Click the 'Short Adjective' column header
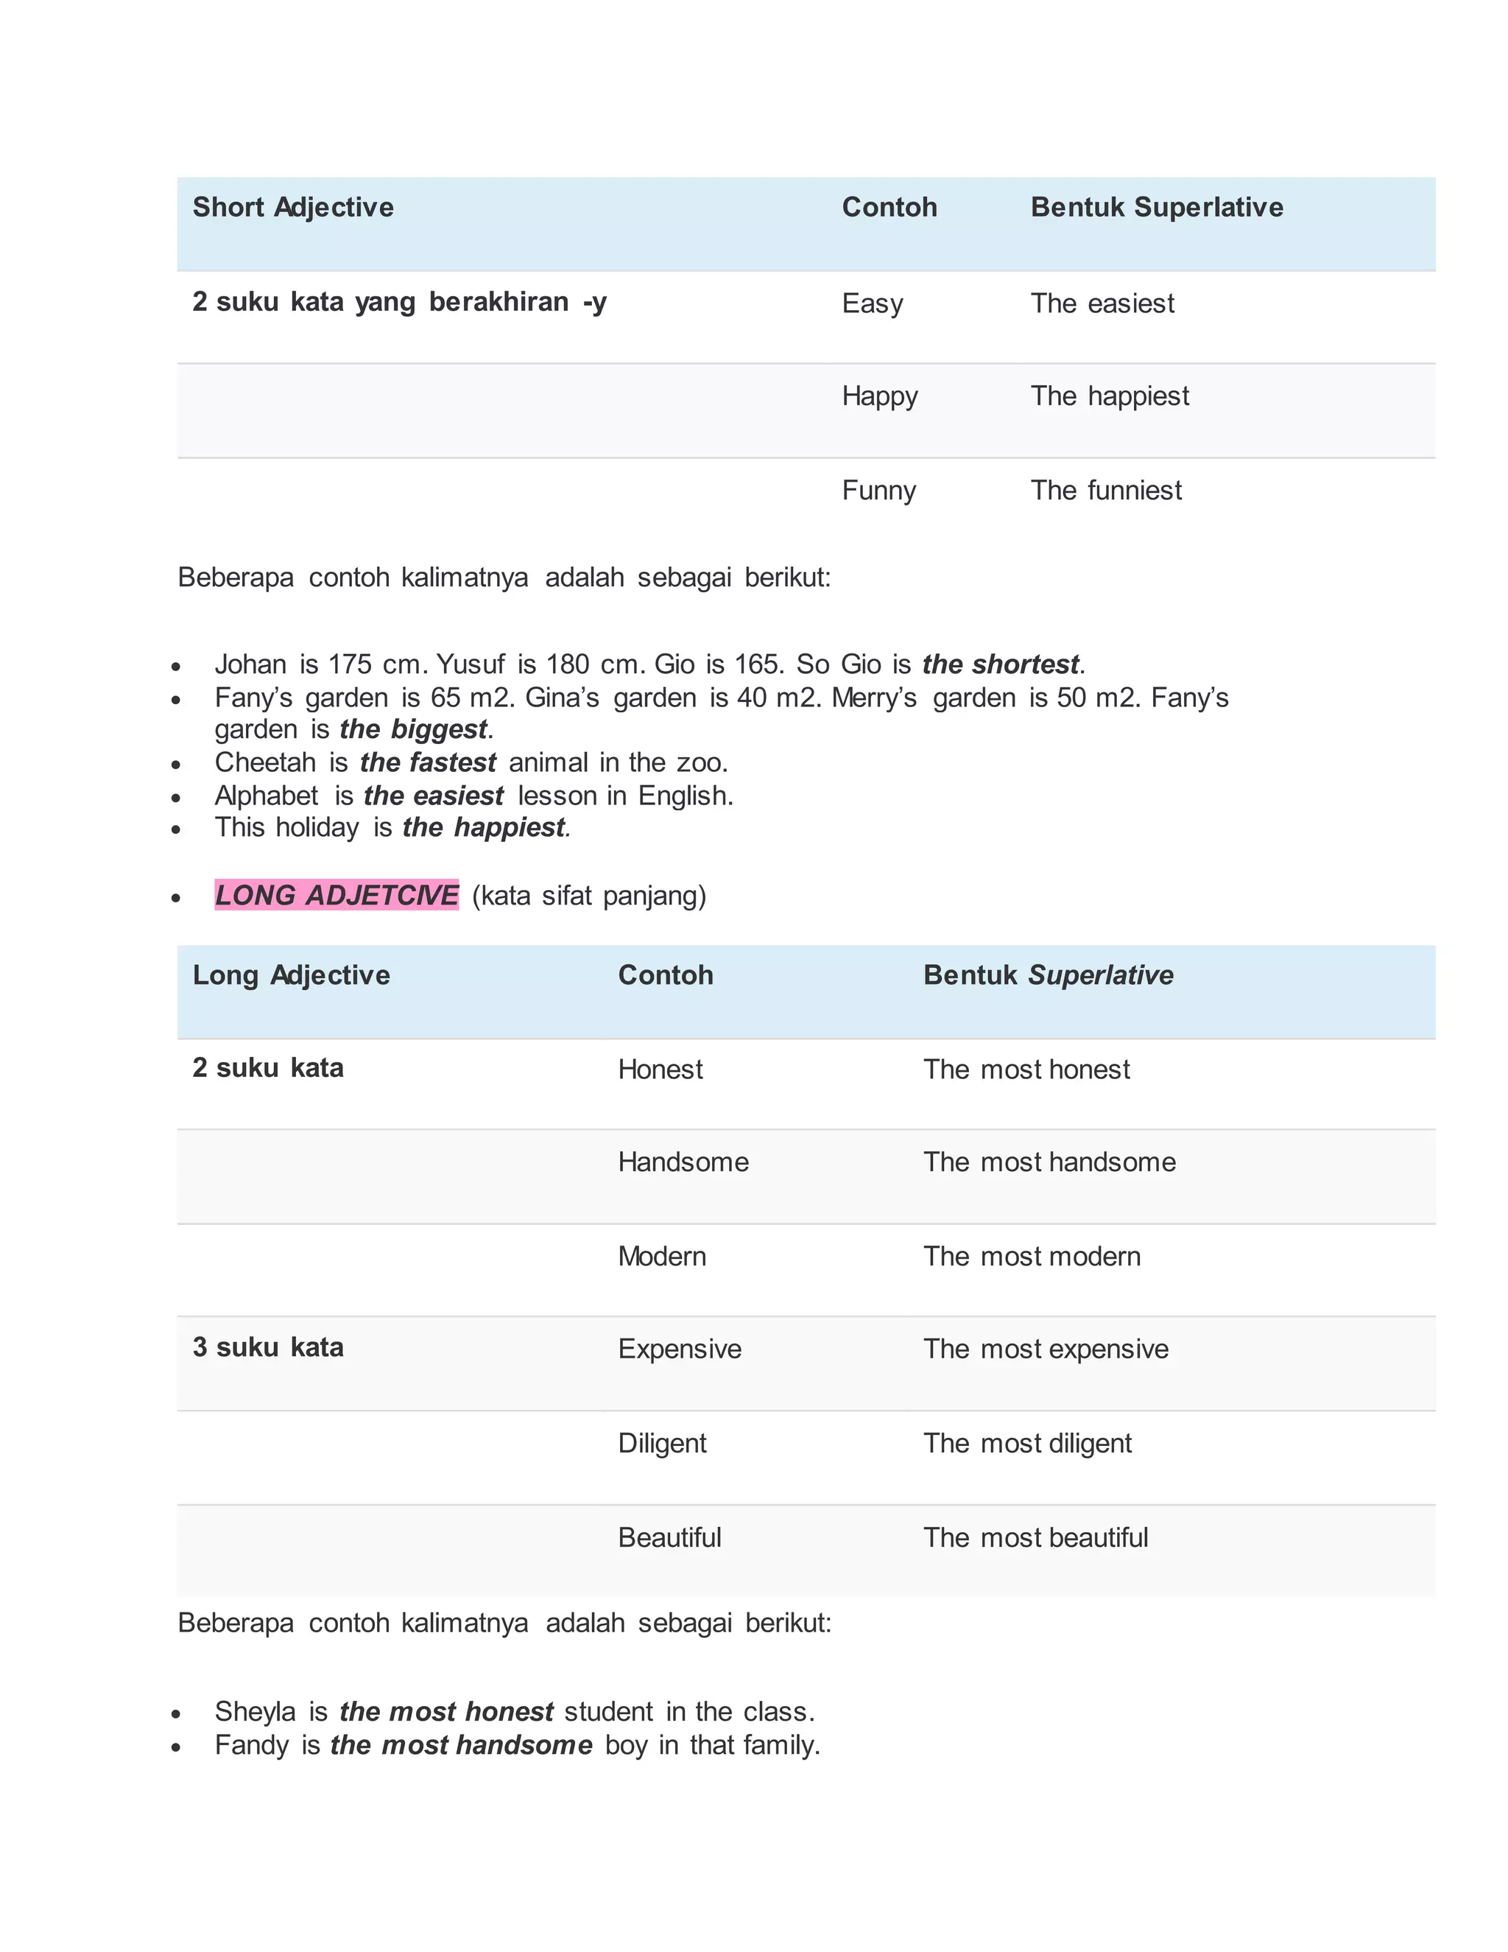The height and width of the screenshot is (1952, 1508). click(293, 208)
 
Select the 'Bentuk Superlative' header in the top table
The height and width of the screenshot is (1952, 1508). click(1156, 208)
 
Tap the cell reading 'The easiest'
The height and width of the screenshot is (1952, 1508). click(1102, 304)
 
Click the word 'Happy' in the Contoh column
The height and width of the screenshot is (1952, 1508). click(879, 396)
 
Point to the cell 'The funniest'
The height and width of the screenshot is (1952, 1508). click(1105, 491)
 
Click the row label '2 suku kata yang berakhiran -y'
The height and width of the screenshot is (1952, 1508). click(399, 302)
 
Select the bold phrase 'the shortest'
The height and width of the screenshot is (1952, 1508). click(1001, 664)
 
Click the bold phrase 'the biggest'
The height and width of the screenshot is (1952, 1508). click(414, 729)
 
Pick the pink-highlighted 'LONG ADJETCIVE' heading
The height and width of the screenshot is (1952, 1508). click(337, 895)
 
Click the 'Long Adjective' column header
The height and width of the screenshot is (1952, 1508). click(292, 975)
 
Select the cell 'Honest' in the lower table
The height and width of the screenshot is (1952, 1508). click(660, 1070)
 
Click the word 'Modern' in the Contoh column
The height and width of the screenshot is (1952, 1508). click(662, 1257)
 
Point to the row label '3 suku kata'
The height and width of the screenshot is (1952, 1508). click(268, 1348)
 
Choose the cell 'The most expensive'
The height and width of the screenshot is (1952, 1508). click(1046, 1349)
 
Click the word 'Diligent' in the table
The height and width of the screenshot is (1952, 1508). click(662, 1444)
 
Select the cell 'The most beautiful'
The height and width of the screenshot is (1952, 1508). click(1035, 1537)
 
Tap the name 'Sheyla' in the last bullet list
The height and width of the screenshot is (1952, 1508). click(255, 1712)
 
